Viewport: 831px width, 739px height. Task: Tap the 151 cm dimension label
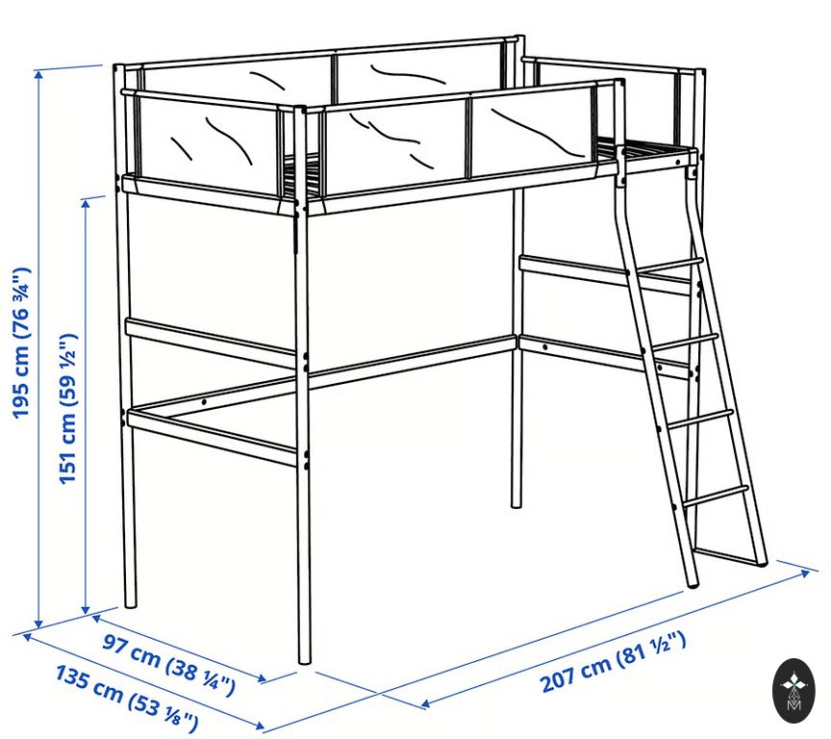click(68, 408)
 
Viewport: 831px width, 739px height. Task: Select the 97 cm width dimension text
click(168, 664)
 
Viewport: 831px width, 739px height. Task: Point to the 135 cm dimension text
click(127, 699)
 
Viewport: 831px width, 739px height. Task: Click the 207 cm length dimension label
click(614, 662)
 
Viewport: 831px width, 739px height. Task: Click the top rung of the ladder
click(668, 265)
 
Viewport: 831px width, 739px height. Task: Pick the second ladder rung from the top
click(685, 342)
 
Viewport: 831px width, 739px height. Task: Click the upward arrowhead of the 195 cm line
click(38, 74)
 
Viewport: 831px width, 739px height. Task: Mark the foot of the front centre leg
click(304, 659)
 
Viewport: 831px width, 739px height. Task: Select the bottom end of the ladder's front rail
click(693, 583)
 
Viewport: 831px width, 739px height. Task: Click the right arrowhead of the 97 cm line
click(261, 678)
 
